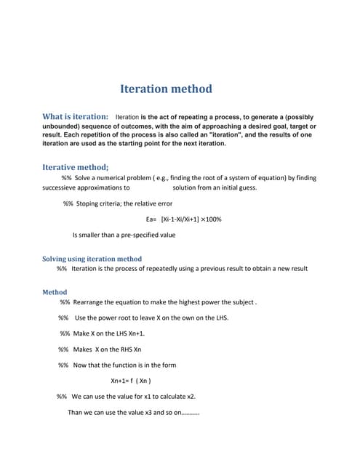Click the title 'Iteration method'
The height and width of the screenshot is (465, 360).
click(166, 89)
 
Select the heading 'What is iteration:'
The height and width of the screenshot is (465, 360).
click(76, 116)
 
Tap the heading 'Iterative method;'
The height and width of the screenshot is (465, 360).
click(76, 166)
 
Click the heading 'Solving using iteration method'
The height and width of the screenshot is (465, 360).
click(92, 259)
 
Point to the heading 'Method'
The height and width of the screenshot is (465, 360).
click(55, 292)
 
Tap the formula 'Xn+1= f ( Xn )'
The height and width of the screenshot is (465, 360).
click(130, 380)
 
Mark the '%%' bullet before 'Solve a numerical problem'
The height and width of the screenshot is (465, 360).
click(66, 177)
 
